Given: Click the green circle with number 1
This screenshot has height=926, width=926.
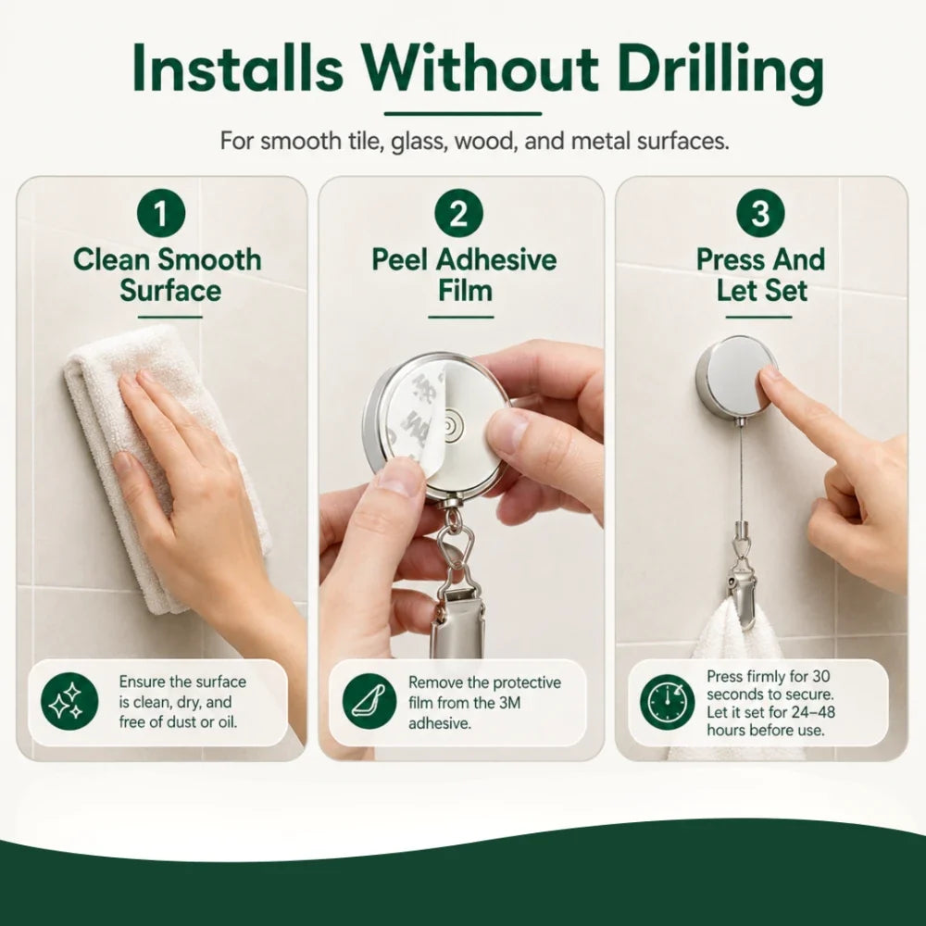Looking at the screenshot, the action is [161, 213].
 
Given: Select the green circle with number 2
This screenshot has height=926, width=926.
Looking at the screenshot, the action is [459, 213].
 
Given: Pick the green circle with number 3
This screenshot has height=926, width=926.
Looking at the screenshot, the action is [760, 213].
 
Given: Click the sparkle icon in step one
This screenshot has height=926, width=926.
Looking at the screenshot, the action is [69, 702].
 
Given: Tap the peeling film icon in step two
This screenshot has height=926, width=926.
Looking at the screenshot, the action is [369, 702].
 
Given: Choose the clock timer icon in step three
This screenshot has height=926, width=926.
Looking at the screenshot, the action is [668, 703].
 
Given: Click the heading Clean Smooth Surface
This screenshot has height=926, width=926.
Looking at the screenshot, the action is [168, 275].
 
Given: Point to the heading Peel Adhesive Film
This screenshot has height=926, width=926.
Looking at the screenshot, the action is [464, 275].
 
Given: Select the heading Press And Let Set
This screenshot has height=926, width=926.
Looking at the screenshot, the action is [760, 275].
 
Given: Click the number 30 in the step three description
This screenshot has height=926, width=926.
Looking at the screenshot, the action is [820, 676].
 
